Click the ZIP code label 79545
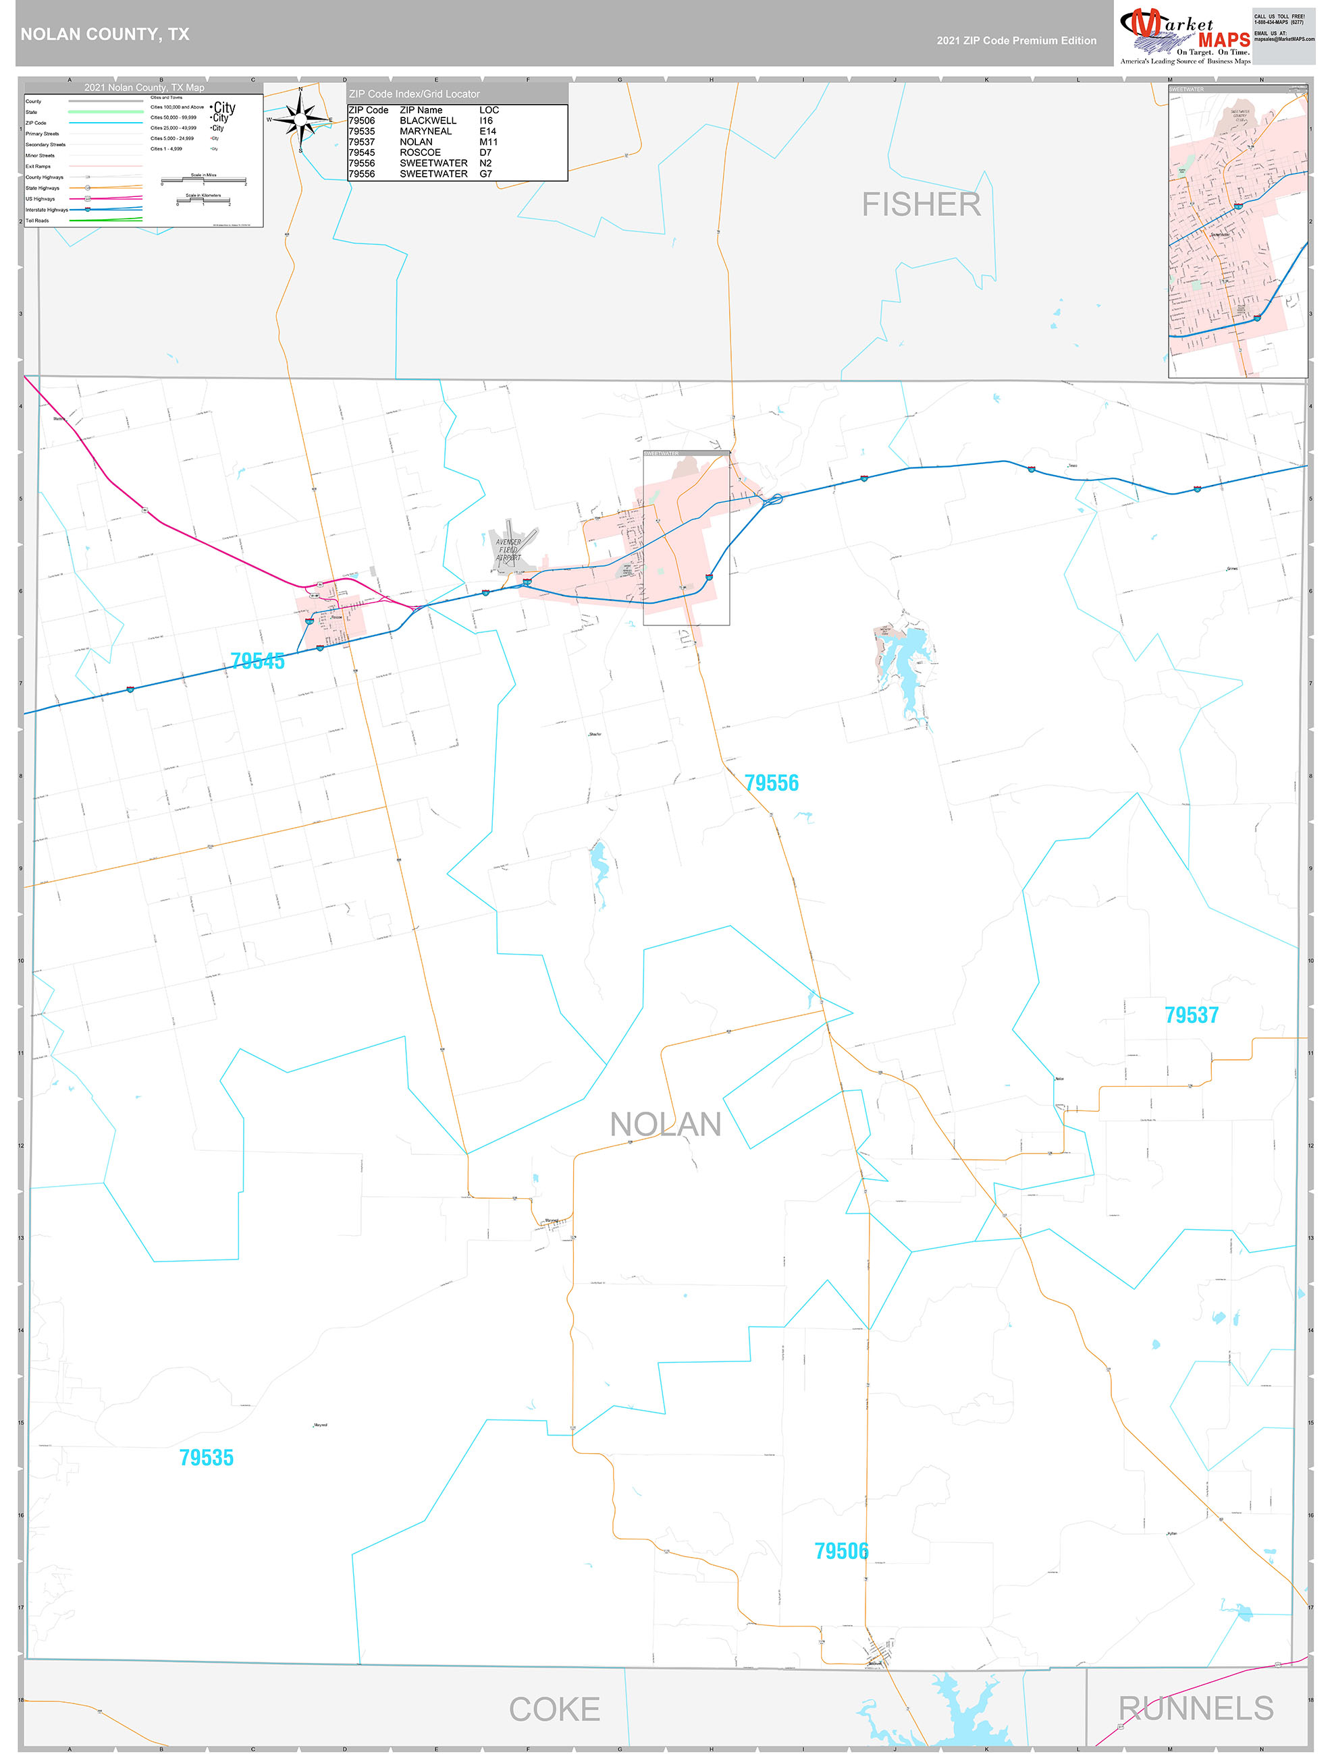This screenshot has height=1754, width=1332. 257,661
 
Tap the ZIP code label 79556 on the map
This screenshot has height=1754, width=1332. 771,783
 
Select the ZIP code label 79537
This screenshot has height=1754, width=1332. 1191,1015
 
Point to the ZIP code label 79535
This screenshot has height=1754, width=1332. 207,1457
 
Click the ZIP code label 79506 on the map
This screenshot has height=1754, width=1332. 841,1551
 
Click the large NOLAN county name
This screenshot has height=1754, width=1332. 665,1125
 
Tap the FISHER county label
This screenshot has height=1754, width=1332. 921,204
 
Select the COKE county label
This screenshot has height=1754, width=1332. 554,1709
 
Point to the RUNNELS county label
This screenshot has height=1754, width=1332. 1196,1708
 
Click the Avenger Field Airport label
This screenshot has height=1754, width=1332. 508,550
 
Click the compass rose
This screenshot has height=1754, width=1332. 300,119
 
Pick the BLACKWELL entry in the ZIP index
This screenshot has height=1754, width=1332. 427,121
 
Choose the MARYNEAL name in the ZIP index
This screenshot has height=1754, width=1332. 425,132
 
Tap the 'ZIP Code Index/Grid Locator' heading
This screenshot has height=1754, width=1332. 414,94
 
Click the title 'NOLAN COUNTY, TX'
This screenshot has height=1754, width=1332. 105,34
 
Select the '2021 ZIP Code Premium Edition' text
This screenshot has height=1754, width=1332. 1016,40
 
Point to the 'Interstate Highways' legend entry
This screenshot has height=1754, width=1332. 47,210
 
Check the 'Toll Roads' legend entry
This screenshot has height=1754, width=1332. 37,221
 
